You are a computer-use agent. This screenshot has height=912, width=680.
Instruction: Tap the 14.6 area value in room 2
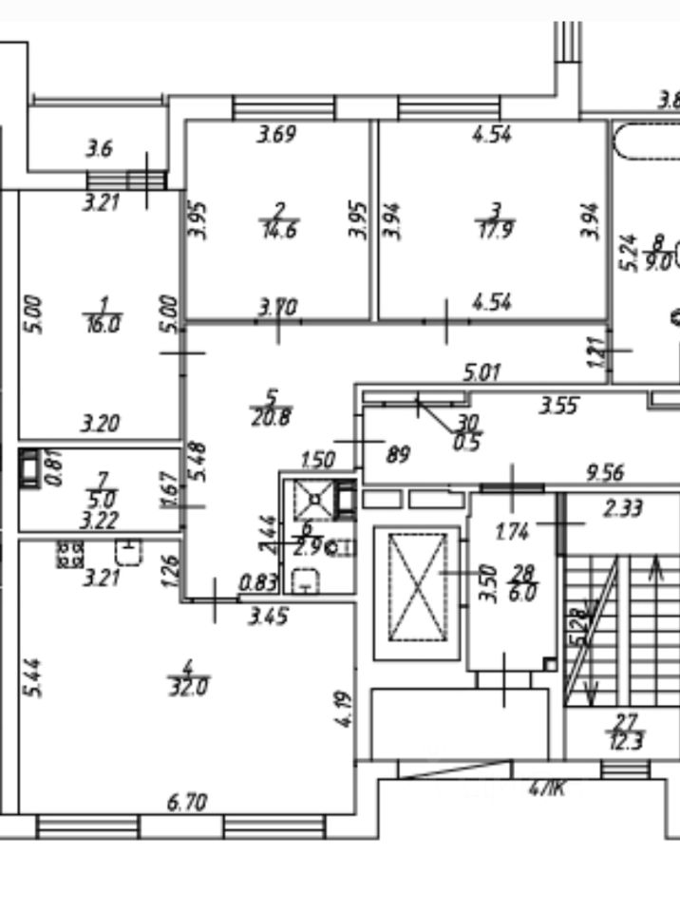276,228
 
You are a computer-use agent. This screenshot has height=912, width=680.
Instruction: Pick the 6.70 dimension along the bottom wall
187,804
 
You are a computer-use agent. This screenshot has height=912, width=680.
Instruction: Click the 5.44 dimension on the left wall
35,678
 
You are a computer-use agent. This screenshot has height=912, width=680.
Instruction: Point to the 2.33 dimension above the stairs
623,508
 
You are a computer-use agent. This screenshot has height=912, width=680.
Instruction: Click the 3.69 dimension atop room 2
277,135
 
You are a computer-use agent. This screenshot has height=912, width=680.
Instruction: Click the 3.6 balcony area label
100,148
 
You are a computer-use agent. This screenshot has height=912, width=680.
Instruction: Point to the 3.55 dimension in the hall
558,407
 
